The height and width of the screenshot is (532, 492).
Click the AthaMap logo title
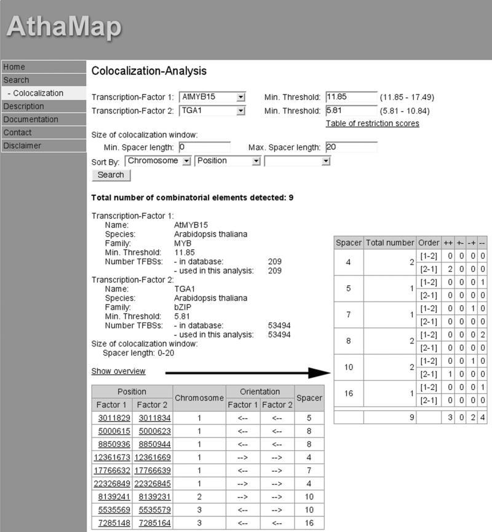[x=64, y=26]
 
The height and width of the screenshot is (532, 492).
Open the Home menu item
[x=15, y=67]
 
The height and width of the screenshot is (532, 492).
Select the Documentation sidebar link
[x=31, y=119]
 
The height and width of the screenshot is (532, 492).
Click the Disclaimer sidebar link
[x=22, y=146]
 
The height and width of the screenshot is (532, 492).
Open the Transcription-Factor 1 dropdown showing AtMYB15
[x=213, y=97]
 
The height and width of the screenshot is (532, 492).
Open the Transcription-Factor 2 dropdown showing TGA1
[x=213, y=111]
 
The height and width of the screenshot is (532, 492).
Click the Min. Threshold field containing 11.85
[x=351, y=97]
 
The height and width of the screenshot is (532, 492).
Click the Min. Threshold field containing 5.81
[x=351, y=111]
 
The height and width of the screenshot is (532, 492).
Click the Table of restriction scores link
[x=372, y=123]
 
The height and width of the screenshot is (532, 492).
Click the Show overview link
[x=119, y=371]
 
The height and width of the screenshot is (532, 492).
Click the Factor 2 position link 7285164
[x=152, y=523]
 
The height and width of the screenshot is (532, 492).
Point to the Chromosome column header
[x=199, y=398]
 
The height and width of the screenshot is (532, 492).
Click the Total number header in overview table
[x=390, y=243]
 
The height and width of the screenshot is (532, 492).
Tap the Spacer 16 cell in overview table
[x=349, y=393]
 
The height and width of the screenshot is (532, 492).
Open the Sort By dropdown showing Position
[x=228, y=161]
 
